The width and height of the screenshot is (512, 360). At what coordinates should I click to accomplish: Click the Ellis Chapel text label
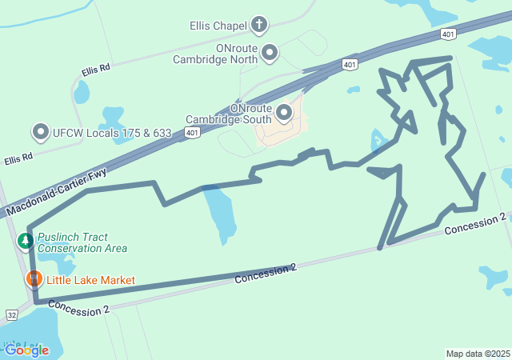tap(218, 26)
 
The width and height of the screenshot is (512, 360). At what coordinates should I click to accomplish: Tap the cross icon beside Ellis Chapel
tap(258, 25)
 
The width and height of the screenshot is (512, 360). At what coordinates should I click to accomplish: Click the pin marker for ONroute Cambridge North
tap(270, 54)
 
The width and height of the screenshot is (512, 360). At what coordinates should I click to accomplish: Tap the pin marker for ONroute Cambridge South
tap(284, 111)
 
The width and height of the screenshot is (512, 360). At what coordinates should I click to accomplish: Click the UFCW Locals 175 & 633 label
tap(112, 131)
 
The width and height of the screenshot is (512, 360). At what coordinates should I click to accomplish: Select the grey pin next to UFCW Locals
tap(41, 131)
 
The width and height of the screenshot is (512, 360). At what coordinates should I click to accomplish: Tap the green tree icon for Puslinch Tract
tap(25, 241)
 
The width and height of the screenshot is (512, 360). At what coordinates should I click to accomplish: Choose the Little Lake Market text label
tap(90, 280)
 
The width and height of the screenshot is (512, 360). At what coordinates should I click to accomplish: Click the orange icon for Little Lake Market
tap(34, 279)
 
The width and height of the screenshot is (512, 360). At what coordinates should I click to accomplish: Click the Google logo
tap(26, 350)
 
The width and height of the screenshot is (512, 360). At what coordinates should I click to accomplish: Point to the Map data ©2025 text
tap(478, 354)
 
